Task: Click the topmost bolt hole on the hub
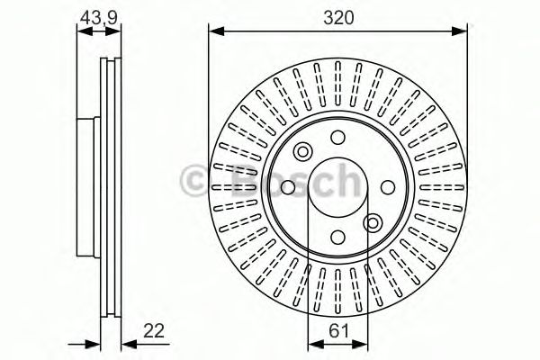coord(337,137)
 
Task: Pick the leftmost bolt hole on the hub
coord(287,187)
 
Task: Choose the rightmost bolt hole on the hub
coord(389,187)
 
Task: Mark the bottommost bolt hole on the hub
coord(337,238)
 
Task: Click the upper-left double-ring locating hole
coord(302,151)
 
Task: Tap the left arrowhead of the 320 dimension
coord(214,31)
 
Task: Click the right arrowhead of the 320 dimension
coord(463,31)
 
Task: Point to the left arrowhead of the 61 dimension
coord(313,342)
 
